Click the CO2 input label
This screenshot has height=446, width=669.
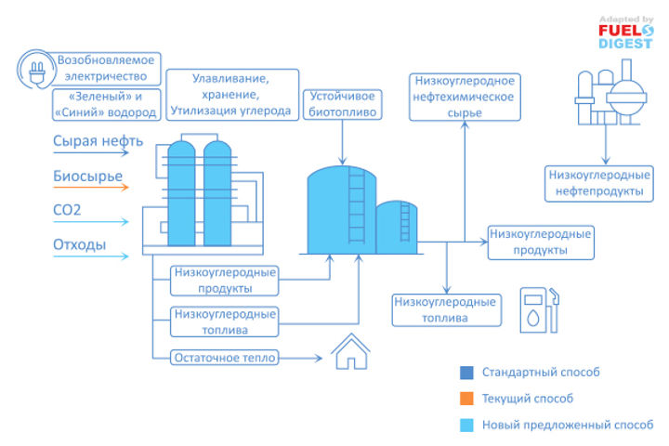[x=67, y=211]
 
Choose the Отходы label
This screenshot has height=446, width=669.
[x=79, y=246]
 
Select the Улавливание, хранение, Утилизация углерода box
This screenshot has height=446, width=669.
[x=230, y=96]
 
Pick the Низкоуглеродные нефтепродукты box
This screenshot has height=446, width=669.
[x=595, y=182]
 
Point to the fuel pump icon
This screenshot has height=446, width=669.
[x=540, y=309]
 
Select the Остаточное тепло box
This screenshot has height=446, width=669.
[x=223, y=357]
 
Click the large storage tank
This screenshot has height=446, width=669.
[x=340, y=209]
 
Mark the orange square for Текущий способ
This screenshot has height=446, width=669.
[x=466, y=399]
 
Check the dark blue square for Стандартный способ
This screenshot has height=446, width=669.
[x=466, y=373]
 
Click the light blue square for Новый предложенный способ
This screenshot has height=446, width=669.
[x=466, y=425]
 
